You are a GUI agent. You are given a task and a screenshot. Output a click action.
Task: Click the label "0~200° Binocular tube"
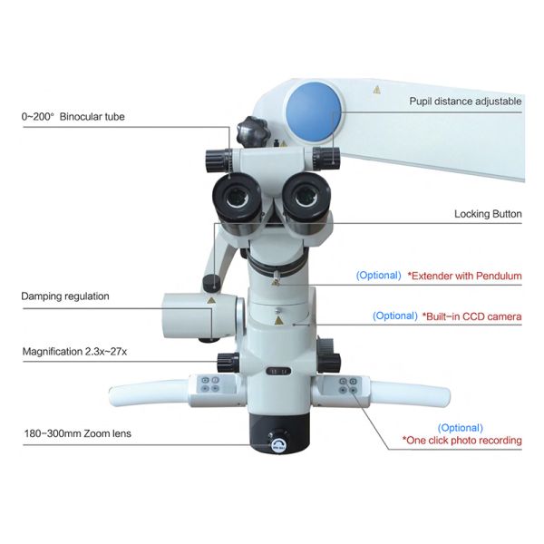[74, 118]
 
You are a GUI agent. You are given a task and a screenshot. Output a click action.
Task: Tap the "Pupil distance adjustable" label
[465, 101]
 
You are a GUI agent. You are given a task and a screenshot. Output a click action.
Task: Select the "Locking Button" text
[488, 215]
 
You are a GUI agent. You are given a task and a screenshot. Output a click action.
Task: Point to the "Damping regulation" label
[65, 296]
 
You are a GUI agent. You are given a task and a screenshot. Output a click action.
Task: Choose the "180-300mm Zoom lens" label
[76, 433]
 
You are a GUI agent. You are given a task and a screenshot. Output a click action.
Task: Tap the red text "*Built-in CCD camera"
[471, 316]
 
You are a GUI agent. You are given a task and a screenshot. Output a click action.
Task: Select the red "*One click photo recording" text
[462, 441]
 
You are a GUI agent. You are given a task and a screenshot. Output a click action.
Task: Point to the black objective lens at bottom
[279, 433]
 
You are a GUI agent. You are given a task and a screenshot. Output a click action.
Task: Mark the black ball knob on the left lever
[210, 283]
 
